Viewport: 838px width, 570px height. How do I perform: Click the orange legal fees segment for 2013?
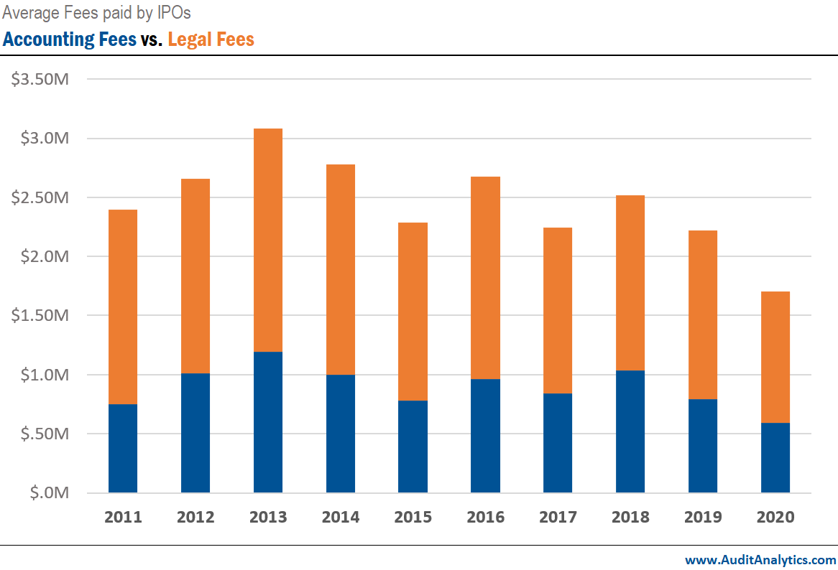[x=267, y=240]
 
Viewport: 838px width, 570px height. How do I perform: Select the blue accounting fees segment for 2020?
[x=775, y=457]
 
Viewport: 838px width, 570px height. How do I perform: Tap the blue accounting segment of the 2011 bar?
[x=123, y=448]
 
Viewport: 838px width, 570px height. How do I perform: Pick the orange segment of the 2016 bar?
[x=485, y=277]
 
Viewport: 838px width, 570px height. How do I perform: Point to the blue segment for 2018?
[x=630, y=431]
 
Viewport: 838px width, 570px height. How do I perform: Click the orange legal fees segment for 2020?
[x=775, y=357]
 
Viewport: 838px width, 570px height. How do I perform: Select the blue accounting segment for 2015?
[x=413, y=447]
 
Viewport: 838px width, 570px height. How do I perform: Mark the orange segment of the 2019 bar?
[x=703, y=314]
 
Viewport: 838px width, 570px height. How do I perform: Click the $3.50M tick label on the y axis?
[x=40, y=79]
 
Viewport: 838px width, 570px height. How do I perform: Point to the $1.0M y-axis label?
[x=40, y=375]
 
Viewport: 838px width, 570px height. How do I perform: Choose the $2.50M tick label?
[x=40, y=197]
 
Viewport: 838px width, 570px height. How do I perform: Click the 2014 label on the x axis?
[x=340, y=517]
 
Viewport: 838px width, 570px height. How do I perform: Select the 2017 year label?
[x=558, y=517]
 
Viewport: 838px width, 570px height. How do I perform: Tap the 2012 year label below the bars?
[x=195, y=517]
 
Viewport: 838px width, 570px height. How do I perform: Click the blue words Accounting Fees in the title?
[x=70, y=39]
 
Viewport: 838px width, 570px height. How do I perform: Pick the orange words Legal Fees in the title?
[x=211, y=39]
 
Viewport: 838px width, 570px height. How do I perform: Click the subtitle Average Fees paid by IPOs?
[x=97, y=13]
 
